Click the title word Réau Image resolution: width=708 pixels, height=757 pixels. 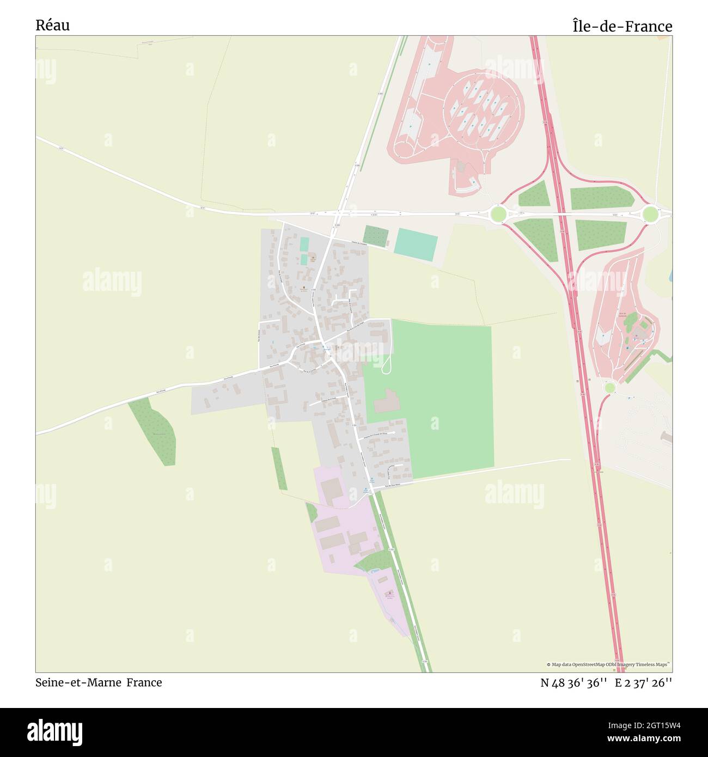click(x=53, y=25)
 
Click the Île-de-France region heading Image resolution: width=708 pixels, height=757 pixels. click(x=622, y=26)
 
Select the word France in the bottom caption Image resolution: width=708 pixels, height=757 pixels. click(x=144, y=682)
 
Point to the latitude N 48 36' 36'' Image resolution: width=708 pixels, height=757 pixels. click(x=574, y=683)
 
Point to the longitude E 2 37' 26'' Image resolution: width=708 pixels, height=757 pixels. click(x=643, y=683)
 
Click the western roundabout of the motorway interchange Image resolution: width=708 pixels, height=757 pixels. click(x=498, y=213)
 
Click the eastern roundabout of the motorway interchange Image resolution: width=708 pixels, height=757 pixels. click(x=650, y=214)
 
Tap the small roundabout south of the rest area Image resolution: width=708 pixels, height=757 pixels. click(x=610, y=387)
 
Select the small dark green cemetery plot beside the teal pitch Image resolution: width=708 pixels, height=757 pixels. click(x=375, y=235)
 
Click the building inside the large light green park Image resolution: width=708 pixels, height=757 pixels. click(x=387, y=401)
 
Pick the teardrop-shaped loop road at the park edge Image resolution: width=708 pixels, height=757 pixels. click(x=387, y=364)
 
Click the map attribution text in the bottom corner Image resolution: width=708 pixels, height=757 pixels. click(x=608, y=664)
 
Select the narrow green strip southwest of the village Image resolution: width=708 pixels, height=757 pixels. click(x=279, y=468)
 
